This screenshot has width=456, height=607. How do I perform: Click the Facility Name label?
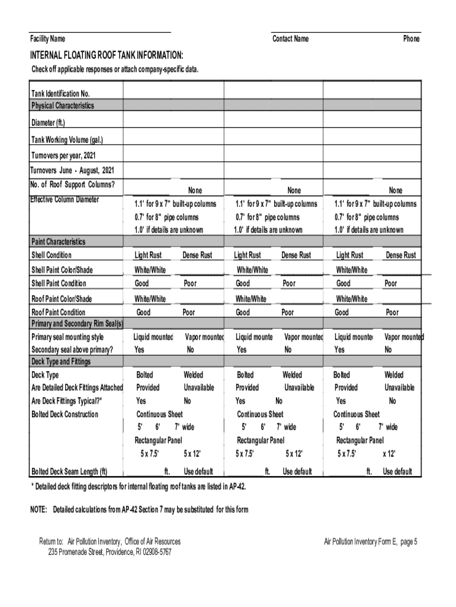[x=48, y=39]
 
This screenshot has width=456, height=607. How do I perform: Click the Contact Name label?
[x=290, y=39]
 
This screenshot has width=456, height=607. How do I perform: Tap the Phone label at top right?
[x=411, y=39]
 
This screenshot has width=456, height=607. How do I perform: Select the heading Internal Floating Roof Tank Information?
[x=107, y=55]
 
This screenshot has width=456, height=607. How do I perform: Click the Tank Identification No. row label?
[x=60, y=94]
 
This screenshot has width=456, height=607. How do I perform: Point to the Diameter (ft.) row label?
[x=48, y=123]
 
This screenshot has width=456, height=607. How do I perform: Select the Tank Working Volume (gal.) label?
[x=67, y=140]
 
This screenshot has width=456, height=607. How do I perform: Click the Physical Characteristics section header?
[x=62, y=106]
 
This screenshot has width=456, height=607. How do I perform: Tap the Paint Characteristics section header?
[x=58, y=242]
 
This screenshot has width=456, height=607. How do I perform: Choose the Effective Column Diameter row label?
[x=65, y=199]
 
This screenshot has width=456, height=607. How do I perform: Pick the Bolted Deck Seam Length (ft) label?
[x=69, y=472]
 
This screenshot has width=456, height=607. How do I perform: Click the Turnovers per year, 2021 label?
[x=63, y=155]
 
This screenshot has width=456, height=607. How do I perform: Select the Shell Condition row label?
[x=51, y=255]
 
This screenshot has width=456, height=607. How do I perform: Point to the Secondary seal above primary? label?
[x=72, y=350]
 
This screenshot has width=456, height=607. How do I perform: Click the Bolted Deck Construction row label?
[x=65, y=414]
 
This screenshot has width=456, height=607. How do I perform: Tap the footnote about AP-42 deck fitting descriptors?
[x=138, y=487]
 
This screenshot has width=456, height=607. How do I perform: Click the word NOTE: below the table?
[x=40, y=510]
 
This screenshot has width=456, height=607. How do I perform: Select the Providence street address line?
[x=110, y=552]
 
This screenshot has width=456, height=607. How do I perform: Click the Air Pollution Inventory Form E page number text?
[x=371, y=542]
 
